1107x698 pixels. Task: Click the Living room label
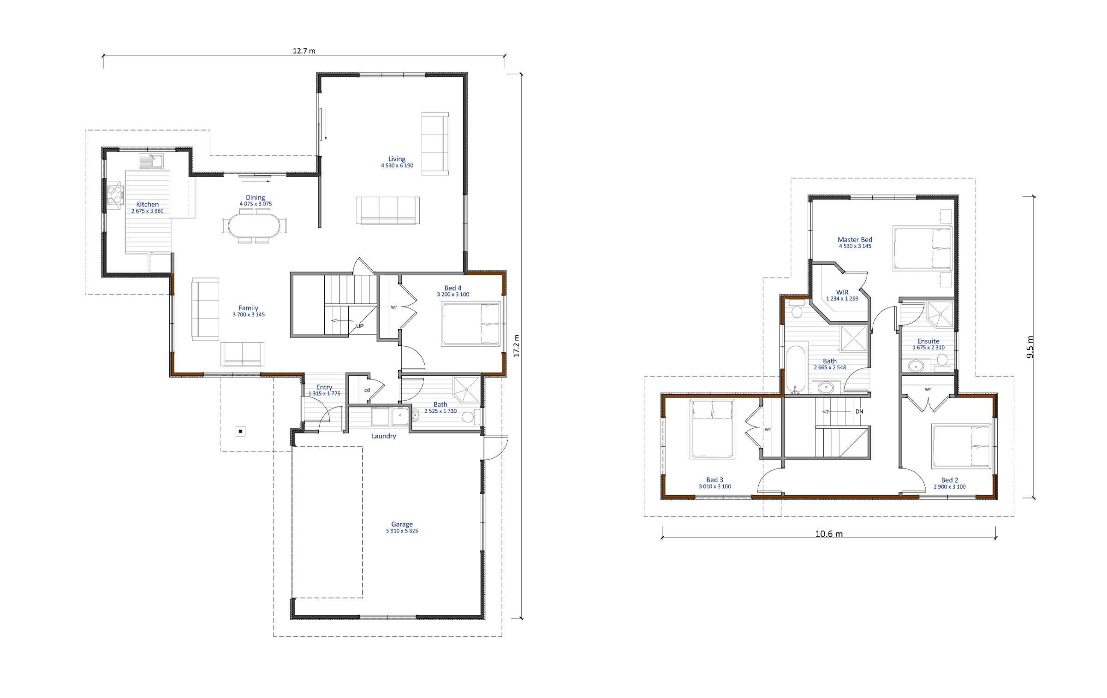[x=397, y=159]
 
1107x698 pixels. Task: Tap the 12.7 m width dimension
[x=304, y=51]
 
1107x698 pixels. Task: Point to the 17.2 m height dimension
[x=516, y=346]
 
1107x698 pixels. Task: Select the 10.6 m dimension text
[x=829, y=534]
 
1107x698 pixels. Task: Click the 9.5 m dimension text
[x=1030, y=347]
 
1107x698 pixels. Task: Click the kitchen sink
[x=151, y=161]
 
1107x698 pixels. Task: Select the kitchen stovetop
[x=115, y=194]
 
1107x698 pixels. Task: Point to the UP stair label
[x=360, y=326]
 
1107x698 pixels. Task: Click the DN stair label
[x=859, y=412]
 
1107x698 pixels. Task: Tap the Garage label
[x=402, y=524]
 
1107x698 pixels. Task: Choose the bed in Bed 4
[x=471, y=324]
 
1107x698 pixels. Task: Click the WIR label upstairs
[x=842, y=292]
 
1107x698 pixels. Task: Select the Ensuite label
[x=928, y=341]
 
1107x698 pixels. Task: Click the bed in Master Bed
[x=922, y=248]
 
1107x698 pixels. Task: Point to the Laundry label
[x=384, y=436]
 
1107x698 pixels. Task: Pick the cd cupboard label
[x=367, y=390]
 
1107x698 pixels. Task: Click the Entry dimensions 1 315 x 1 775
[x=324, y=394]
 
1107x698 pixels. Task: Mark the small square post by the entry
[x=240, y=432]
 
